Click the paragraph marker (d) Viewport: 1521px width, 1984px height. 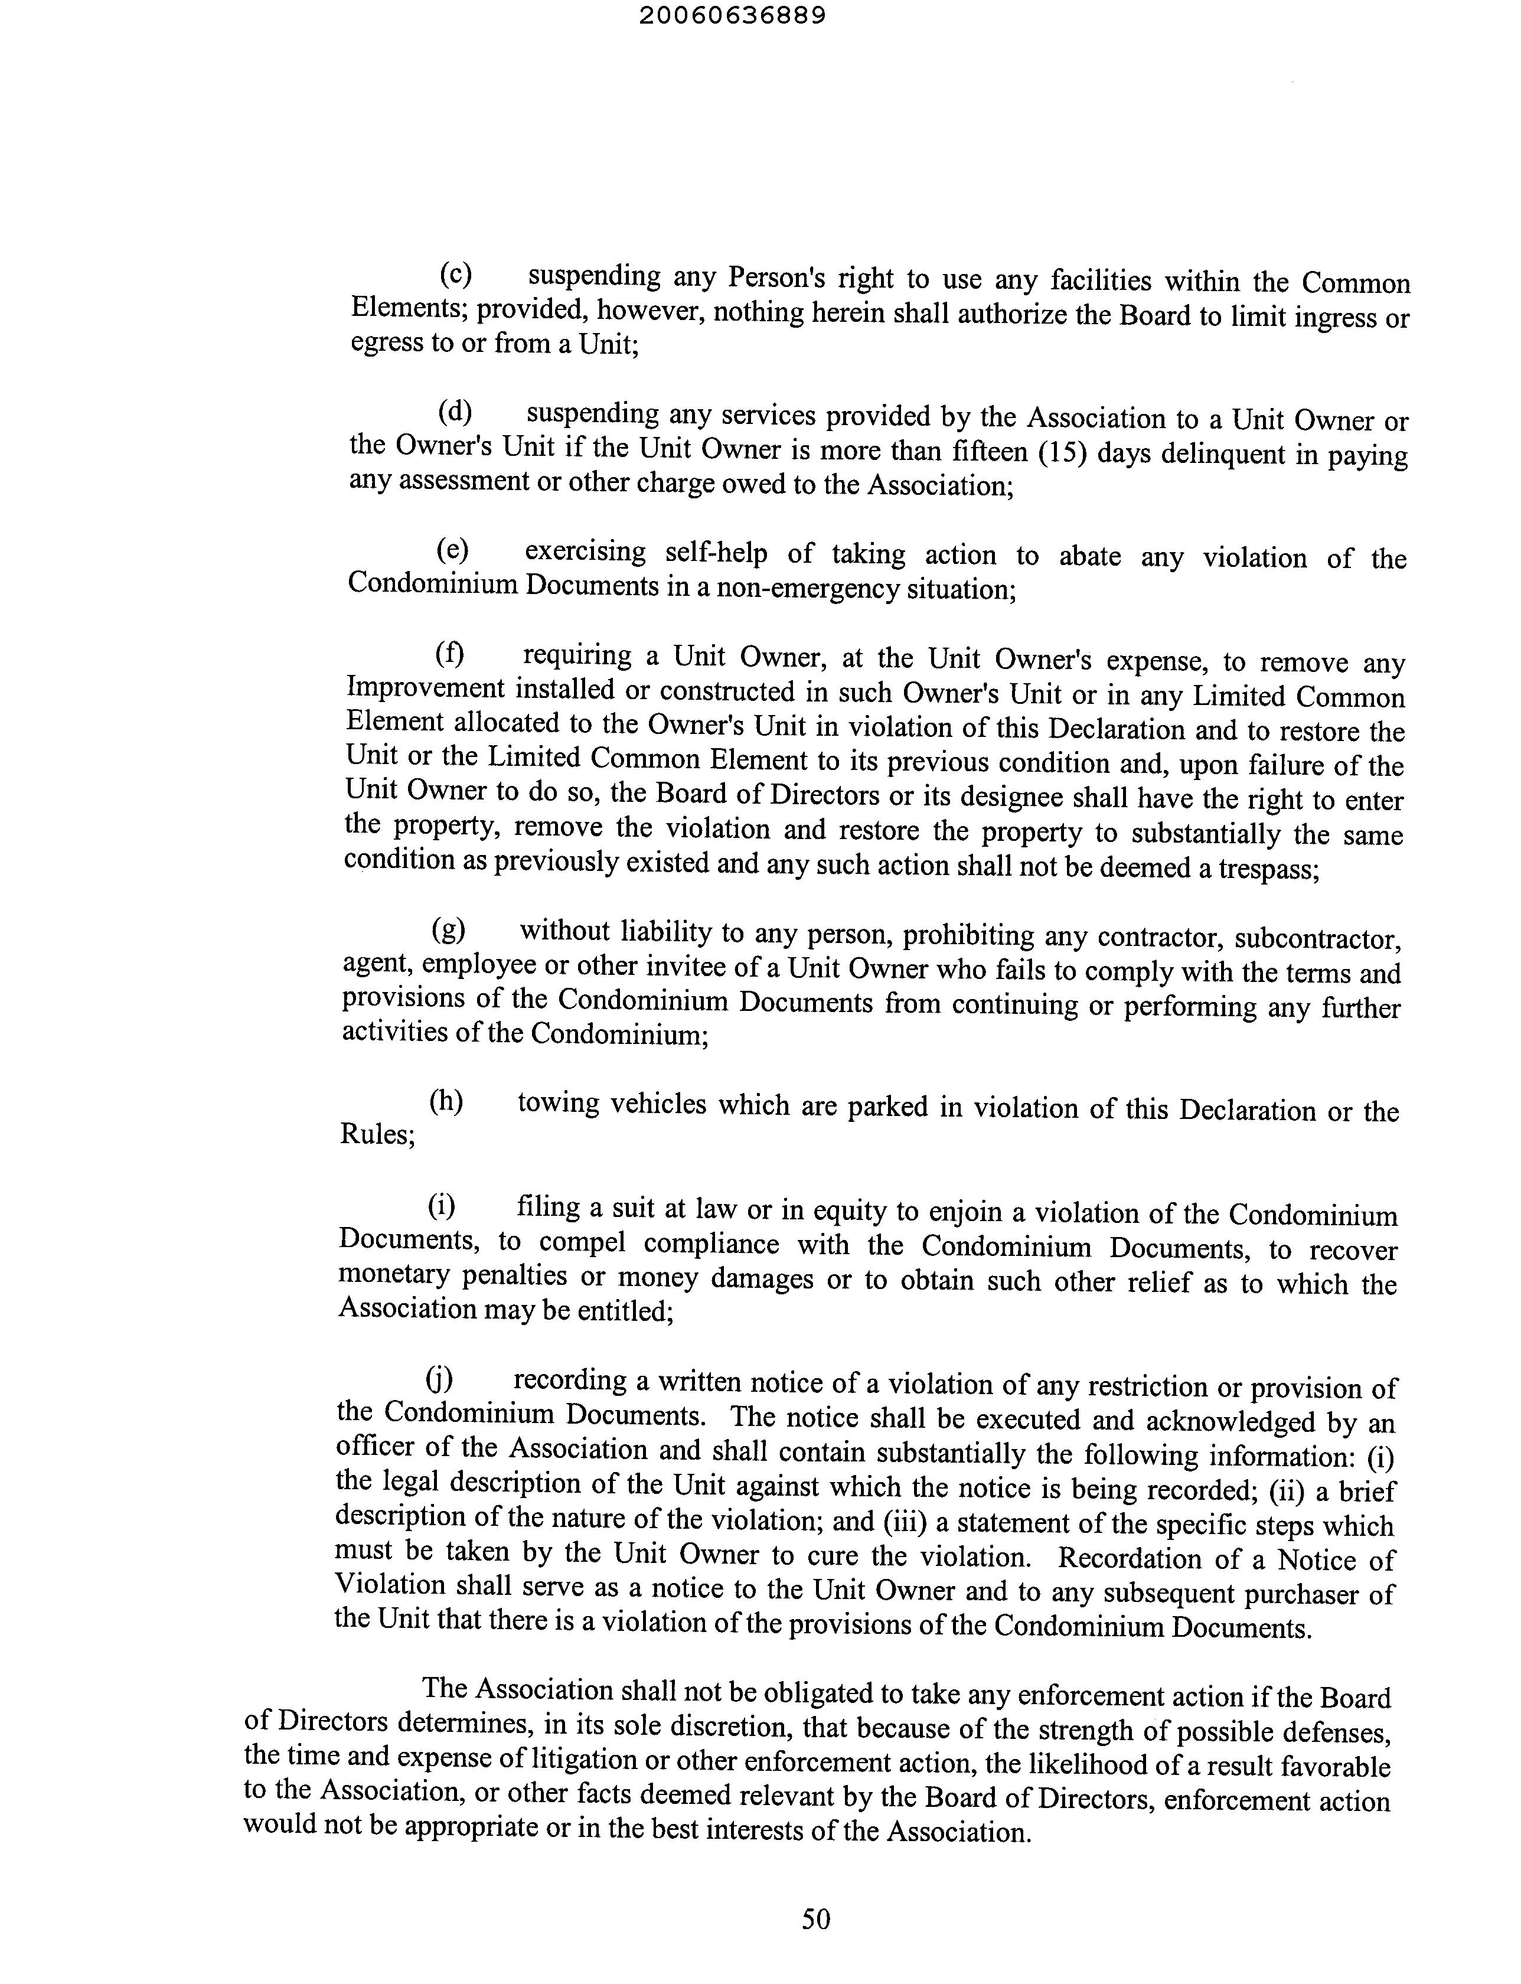click(455, 412)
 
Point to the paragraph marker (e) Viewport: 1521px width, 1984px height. click(453, 550)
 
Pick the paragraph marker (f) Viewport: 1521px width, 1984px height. click(450, 653)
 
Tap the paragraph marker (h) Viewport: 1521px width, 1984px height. click(445, 1101)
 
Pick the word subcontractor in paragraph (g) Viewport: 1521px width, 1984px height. click(1318, 938)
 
